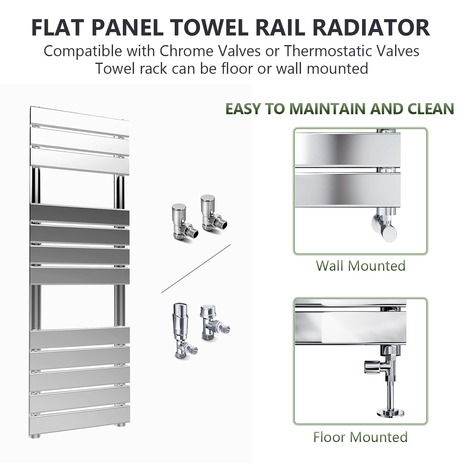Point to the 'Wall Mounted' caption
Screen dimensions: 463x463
click(x=361, y=266)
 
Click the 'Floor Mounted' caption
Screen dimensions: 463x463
click(x=361, y=437)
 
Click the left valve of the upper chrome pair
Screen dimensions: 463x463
click(x=182, y=222)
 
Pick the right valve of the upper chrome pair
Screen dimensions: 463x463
click(x=213, y=213)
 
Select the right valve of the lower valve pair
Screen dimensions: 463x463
click(x=214, y=323)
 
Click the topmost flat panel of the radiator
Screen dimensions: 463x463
click(x=80, y=118)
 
